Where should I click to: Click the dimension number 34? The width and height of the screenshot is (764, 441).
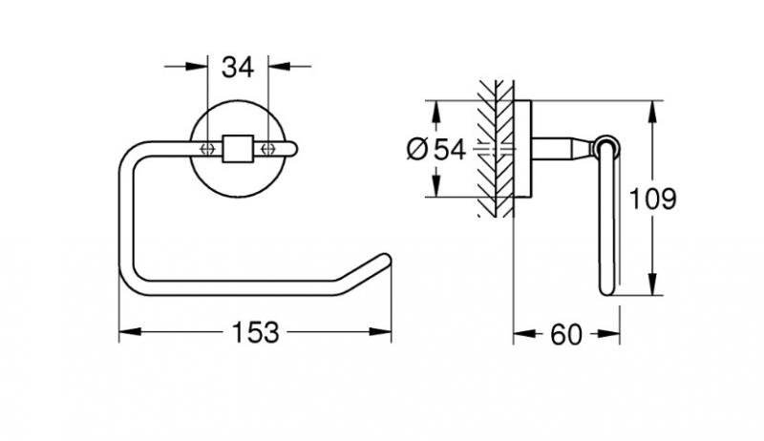(x=238, y=67)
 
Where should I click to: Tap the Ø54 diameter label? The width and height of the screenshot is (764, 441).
(x=435, y=150)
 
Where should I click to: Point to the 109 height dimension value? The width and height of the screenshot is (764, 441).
(x=653, y=199)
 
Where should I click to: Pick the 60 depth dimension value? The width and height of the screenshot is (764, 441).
(x=566, y=334)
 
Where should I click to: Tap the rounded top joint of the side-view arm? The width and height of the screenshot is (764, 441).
(x=606, y=146)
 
